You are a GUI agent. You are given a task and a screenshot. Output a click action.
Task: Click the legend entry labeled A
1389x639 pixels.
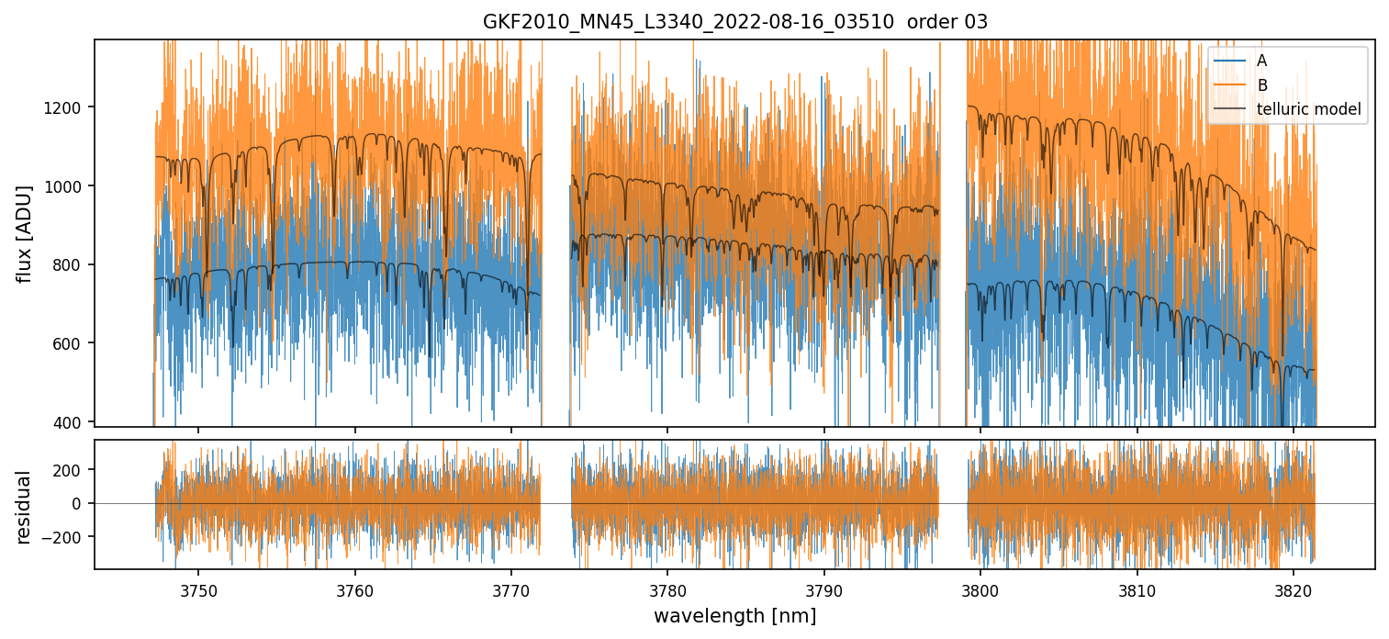[1261, 61]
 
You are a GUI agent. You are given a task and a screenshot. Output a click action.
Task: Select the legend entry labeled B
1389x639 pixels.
[1261, 85]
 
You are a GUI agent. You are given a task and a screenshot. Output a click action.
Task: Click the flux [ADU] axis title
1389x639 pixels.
[24, 233]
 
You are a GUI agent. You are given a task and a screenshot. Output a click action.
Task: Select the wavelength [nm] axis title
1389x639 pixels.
[734, 616]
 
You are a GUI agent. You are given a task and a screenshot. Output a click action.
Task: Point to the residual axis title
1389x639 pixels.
[24, 507]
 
